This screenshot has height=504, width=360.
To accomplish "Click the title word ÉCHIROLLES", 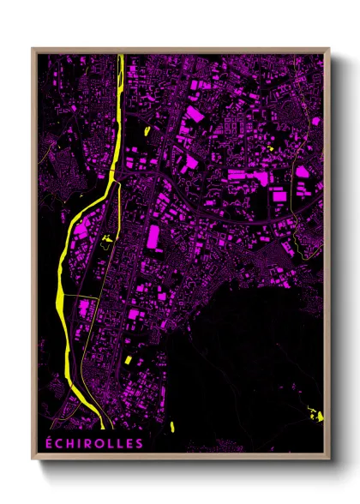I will coord(93,443).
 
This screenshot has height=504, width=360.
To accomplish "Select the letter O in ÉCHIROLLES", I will coord(99,443).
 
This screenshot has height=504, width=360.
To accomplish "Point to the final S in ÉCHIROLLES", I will coord(139,443).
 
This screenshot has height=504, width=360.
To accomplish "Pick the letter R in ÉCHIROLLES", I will coord(87,443).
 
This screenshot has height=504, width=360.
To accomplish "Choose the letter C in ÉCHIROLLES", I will coord(59,443).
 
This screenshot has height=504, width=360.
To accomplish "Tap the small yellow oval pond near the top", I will coord(147,130).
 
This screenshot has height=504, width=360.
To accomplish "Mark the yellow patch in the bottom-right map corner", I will coord(318,417).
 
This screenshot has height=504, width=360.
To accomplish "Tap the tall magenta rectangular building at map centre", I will coord(154,236).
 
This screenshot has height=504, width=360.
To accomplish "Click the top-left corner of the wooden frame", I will coord(33,48).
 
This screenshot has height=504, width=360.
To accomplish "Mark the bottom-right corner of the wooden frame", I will coord(329,460).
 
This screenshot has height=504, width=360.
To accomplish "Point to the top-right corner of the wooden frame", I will coord(329,48).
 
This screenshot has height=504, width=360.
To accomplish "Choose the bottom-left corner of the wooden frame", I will coord(33,460).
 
